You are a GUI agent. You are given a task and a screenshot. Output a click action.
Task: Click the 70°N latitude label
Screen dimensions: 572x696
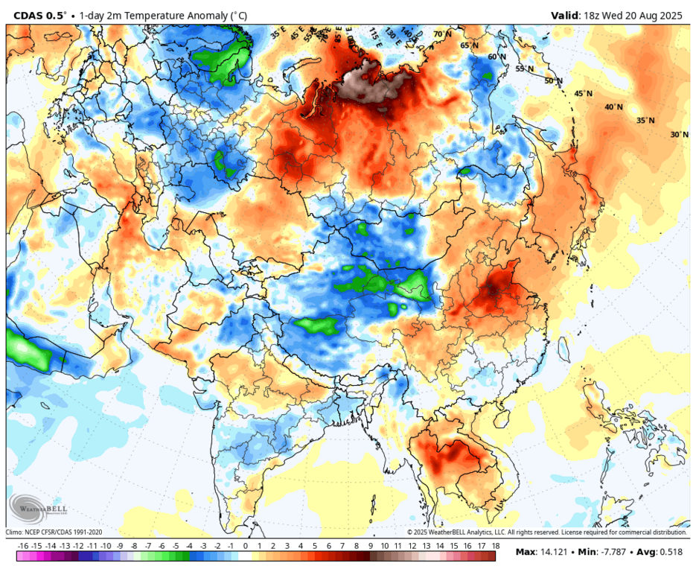tap(442, 34)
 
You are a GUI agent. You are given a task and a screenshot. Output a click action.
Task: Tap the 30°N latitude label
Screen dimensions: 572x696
tap(679, 135)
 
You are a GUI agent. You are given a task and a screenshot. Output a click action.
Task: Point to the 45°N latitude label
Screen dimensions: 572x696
tap(583, 94)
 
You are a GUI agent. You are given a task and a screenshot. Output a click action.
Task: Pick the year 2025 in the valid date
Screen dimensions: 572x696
tap(671, 15)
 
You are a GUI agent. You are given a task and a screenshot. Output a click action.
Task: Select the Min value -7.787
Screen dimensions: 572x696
tap(607, 553)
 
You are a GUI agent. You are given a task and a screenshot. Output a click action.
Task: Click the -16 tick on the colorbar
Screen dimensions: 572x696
tap(23, 546)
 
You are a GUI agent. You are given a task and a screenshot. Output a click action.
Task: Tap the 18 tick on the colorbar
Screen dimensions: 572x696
tap(495, 546)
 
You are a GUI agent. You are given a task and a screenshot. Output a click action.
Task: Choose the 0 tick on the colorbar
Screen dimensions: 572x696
tap(245, 546)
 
